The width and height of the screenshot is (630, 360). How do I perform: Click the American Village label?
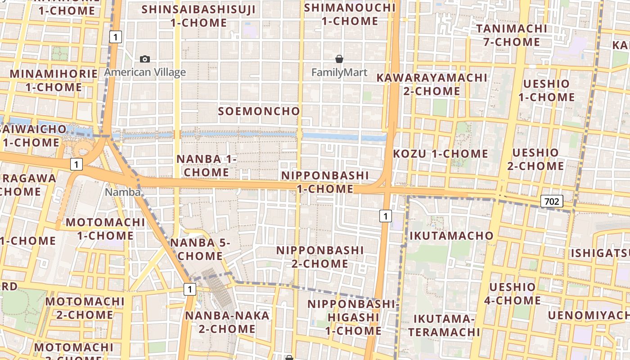click(x=145, y=72)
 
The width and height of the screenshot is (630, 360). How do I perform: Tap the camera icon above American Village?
click(x=145, y=59)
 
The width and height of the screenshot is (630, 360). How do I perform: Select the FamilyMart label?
click(x=339, y=72)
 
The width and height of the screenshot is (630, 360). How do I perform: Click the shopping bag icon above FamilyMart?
click(x=339, y=59)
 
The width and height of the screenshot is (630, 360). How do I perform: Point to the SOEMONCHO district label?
click(x=259, y=111)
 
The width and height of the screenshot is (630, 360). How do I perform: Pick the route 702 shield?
click(x=552, y=201)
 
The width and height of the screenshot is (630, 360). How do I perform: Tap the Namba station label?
click(x=123, y=192)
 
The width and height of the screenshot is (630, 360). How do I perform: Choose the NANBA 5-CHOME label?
click(x=200, y=249)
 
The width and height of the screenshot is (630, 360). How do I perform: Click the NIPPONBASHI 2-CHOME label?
click(x=320, y=256)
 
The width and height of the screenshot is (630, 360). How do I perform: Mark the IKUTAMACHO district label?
click(x=451, y=235)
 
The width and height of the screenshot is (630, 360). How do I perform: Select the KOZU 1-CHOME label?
click(x=441, y=153)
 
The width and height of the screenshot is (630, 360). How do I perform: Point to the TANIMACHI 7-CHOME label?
click(x=512, y=35)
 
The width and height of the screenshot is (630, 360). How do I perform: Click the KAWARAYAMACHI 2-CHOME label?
click(x=432, y=84)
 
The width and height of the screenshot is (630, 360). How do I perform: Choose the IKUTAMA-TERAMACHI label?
click(x=445, y=326)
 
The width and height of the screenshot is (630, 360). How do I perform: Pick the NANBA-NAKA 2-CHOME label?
click(x=227, y=322)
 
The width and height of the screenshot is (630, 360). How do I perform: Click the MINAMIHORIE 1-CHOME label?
click(x=54, y=80)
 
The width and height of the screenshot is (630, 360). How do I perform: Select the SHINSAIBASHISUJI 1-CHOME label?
click(x=198, y=16)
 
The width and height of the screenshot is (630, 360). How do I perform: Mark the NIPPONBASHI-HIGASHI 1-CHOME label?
click(x=353, y=317)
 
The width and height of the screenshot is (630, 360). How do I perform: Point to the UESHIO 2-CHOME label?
click(x=535, y=159)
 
